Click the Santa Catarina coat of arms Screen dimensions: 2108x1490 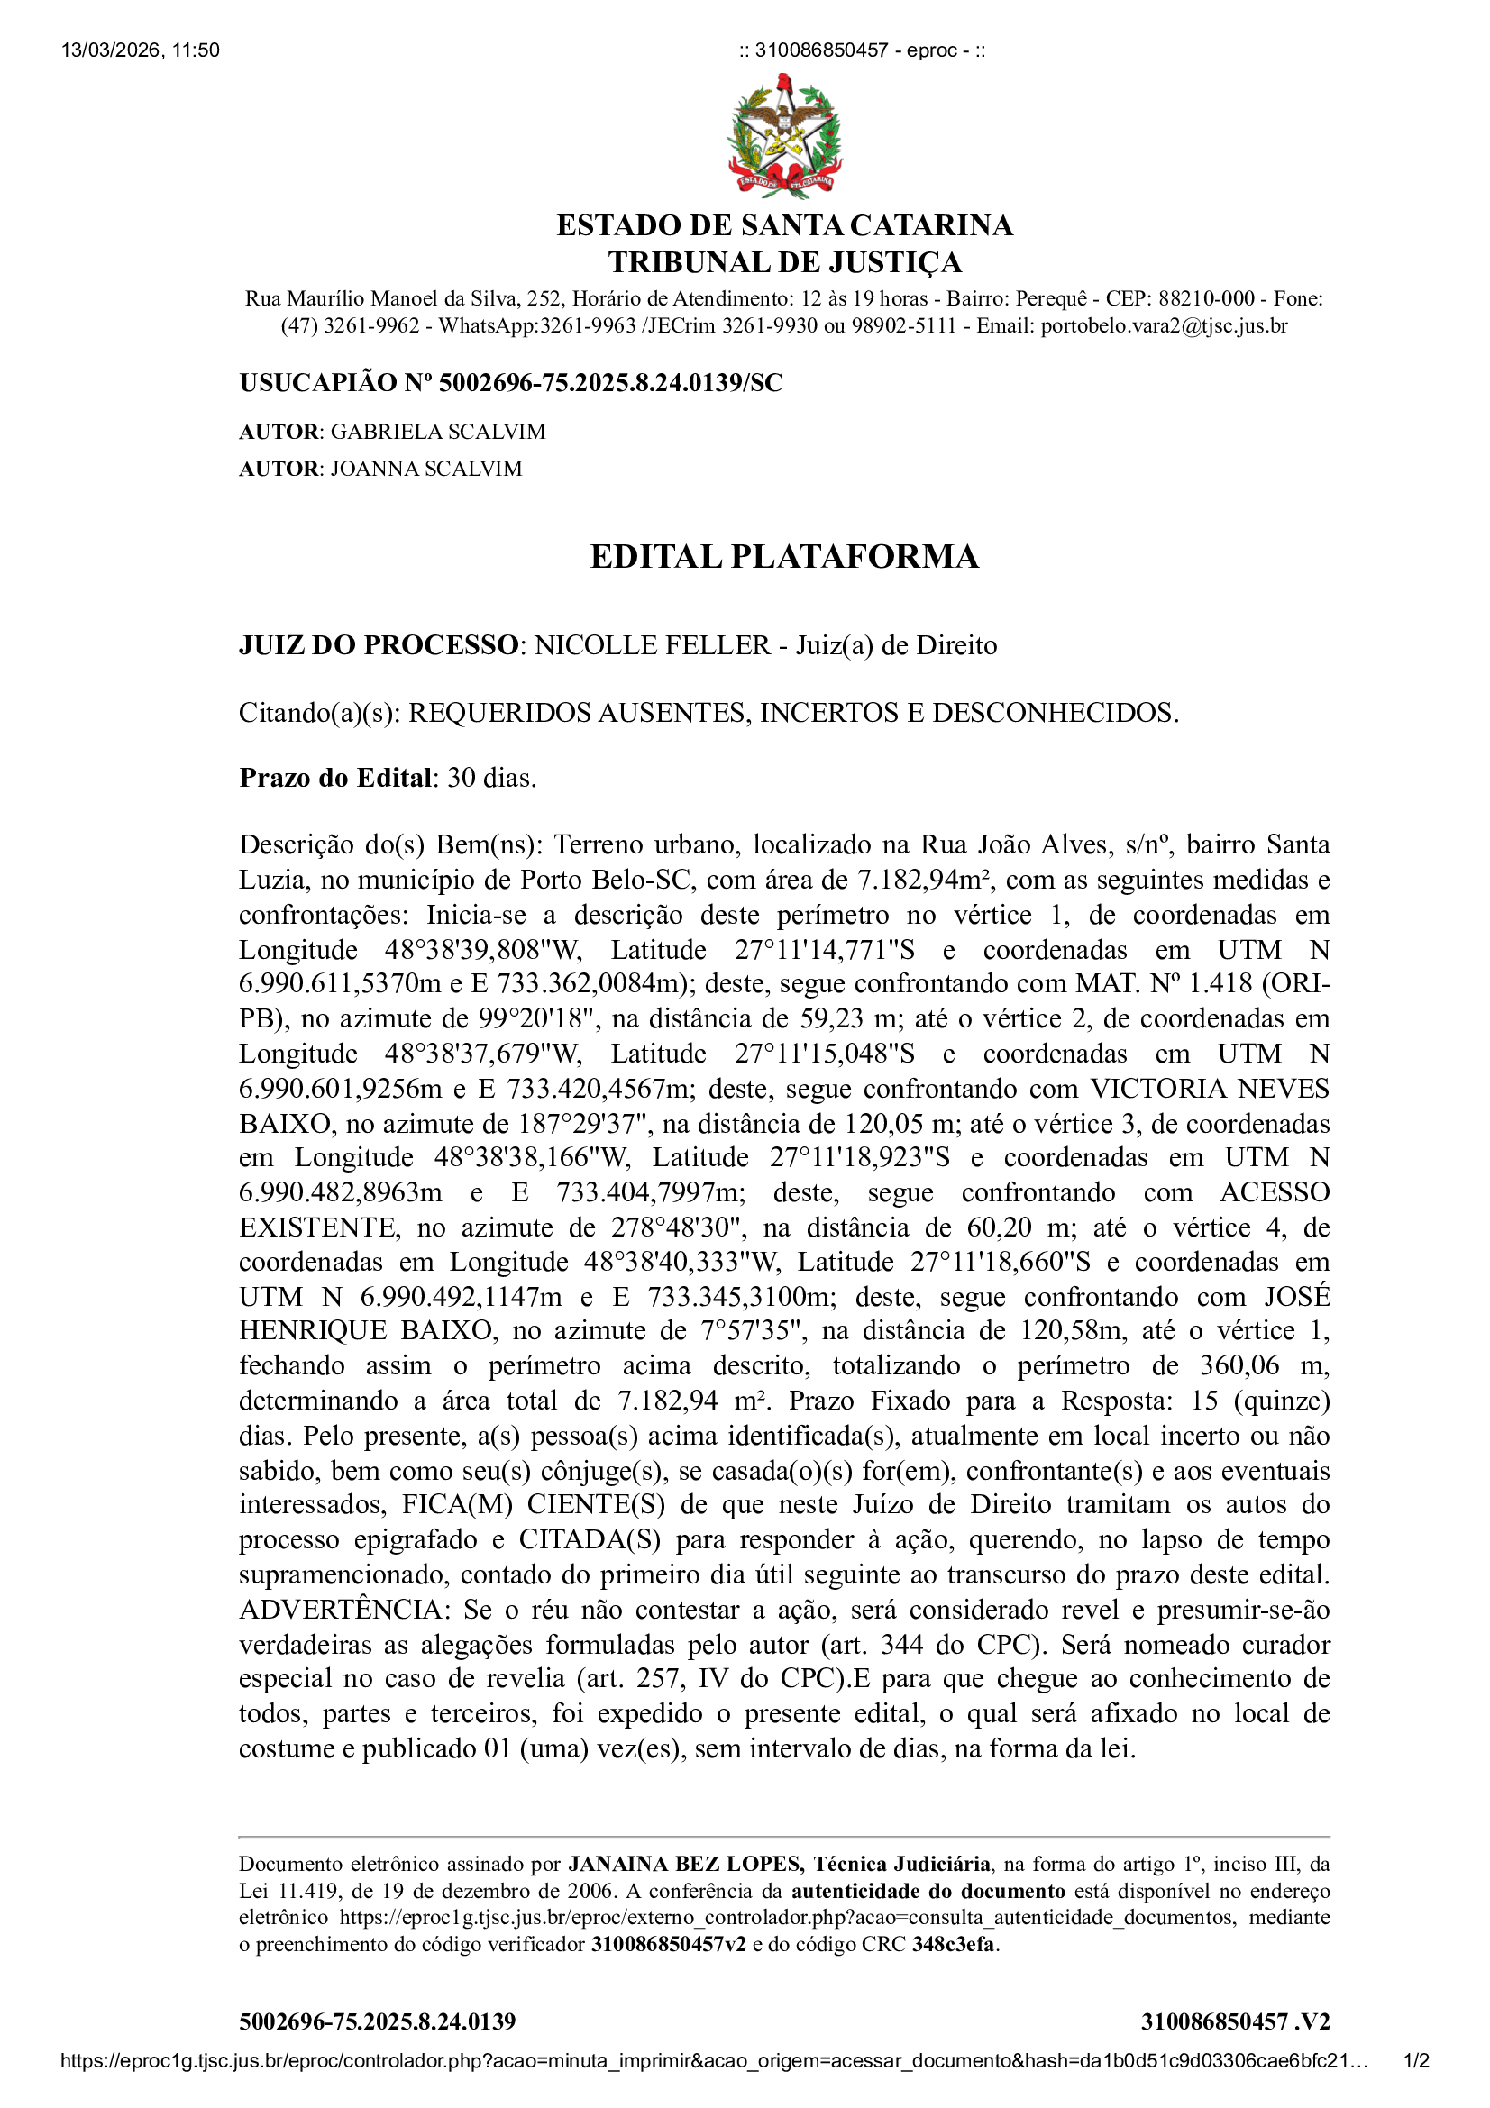[x=784, y=136]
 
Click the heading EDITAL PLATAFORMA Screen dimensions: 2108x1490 [x=784, y=556]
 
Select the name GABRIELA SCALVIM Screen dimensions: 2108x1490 [x=438, y=432]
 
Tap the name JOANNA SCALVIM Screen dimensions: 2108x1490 [x=426, y=469]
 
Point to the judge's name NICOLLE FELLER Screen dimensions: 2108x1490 [x=652, y=645]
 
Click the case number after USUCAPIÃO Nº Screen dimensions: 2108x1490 [x=610, y=383]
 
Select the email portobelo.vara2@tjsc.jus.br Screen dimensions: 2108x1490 [x=1163, y=326]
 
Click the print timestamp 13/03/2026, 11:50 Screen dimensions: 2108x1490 [x=141, y=50]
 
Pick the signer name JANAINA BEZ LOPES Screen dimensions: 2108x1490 [x=684, y=1864]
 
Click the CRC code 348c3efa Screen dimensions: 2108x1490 [x=953, y=1944]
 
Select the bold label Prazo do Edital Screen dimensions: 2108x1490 [x=335, y=778]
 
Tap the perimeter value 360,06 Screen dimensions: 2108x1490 [x=1239, y=1365]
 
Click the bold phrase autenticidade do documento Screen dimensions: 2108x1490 [x=928, y=1891]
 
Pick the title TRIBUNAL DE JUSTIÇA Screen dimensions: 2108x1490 [x=784, y=262]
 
